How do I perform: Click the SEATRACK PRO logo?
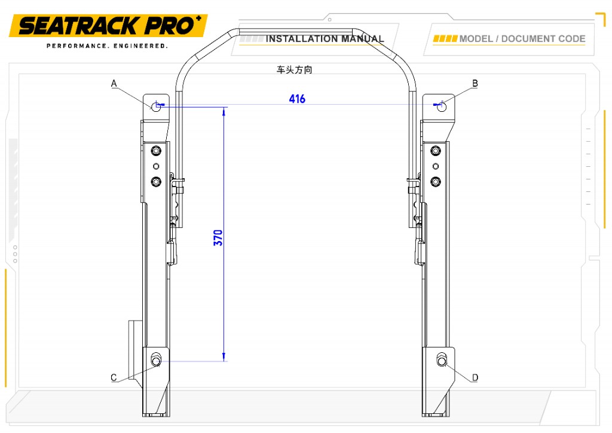[x=108, y=26]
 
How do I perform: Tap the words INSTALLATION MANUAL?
[x=325, y=39]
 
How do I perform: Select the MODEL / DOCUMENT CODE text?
[x=522, y=39]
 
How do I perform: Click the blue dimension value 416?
[x=297, y=99]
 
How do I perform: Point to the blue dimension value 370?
[x=218, y=238]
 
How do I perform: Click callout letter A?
[x=114, y=83]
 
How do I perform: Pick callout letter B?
[x=475, y=83]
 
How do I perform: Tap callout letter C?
[x=114, y=377]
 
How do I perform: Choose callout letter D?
[x=475, y=377]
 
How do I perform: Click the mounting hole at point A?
[x=156, y=106]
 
